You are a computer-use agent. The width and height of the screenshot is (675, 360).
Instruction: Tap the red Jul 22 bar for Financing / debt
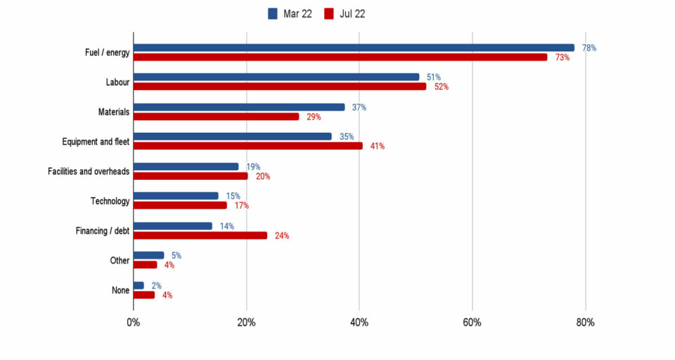[200, 236]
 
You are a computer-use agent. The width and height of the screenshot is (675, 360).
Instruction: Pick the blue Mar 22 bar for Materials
[239, 107]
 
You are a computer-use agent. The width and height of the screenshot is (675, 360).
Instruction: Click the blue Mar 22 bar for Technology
[176, 196]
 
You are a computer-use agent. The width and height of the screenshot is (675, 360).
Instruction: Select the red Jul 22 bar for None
[144, 295]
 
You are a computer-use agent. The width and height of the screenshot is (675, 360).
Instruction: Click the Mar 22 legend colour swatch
[274, 14]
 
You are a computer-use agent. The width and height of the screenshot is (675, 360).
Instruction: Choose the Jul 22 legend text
[352, 14]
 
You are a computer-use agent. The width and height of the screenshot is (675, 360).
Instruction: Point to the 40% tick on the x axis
[359, 323]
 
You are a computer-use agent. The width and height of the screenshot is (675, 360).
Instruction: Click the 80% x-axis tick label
[585, 323]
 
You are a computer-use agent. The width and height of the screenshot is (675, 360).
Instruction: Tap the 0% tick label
[133, 323]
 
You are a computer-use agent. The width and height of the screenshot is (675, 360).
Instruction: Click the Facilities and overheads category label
[89, 172]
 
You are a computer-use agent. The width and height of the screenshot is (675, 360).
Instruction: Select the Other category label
[120, 260]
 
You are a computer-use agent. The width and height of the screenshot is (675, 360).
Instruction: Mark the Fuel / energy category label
[103, 53]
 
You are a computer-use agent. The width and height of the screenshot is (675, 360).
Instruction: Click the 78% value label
[589, 48]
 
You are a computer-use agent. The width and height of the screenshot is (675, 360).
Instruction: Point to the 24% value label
[282, 236]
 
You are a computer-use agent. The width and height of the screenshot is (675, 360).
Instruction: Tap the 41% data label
[378, 146]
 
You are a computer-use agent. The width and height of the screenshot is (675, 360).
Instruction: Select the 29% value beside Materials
[314, 117]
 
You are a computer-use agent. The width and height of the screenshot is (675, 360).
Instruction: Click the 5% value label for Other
[176, 256]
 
